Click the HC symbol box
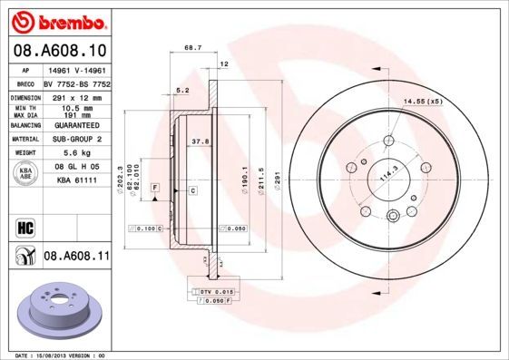pos(24,227)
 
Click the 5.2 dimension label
pos(181,90)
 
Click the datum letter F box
pos(155,186)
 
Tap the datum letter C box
pos(192,190)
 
